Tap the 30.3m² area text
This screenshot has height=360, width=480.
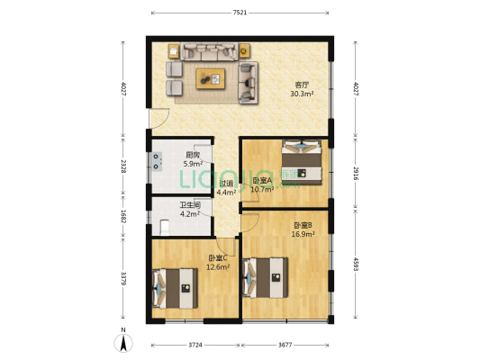pos(301,93)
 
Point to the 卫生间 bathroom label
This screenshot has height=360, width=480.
pos(189,204)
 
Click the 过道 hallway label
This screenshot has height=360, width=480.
pos(226,184)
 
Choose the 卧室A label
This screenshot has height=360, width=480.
pos(262,180)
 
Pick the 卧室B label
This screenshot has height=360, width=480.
pos(303,225)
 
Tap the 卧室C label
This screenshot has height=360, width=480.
pos(217,258)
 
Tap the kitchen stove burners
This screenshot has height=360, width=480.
pos(158,161)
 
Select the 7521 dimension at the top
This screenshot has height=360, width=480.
pos(240,13)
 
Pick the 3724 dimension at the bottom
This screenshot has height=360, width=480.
pos(195,346)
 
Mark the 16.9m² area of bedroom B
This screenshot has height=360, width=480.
pos(303,234)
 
